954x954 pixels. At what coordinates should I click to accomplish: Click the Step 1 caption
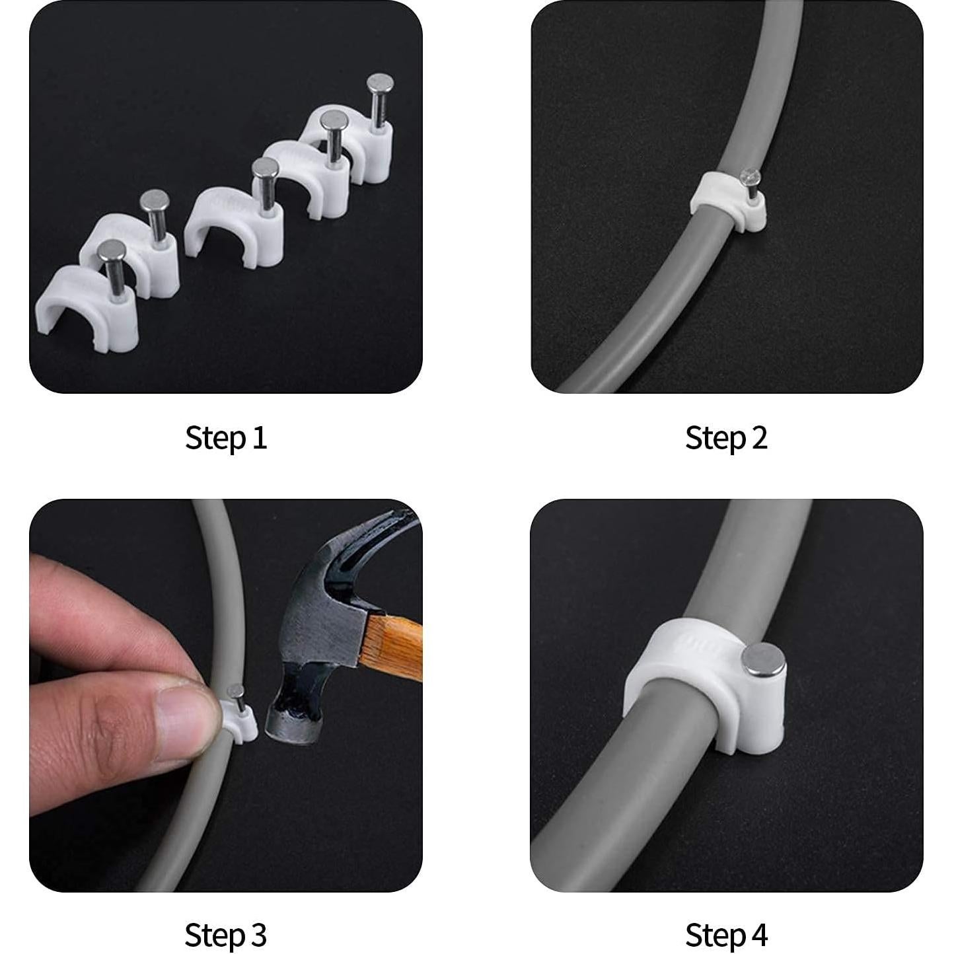coord(226,438)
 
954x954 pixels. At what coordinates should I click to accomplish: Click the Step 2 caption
coord(726,438)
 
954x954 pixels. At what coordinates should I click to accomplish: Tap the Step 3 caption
coord(226,935)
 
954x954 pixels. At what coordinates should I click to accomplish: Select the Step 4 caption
coord(726,935)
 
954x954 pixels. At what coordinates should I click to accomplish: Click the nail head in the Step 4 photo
coord(763,659)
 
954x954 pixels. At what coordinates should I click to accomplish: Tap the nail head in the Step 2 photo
coord(752,176)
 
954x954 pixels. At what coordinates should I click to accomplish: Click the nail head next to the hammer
coord(234,692)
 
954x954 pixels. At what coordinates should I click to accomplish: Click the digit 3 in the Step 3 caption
coord(258,935)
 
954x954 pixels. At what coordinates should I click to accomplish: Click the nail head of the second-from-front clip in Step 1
coord(155,198)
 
